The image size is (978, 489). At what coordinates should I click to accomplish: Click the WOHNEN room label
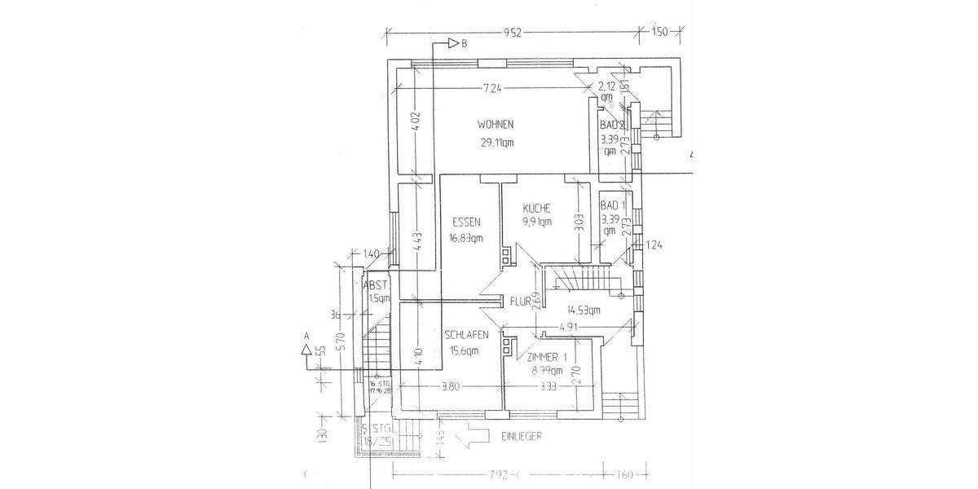tap(496, 125)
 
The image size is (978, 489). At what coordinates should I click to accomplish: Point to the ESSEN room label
tap(465, 222)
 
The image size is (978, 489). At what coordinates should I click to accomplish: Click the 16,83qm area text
tap(466, 239)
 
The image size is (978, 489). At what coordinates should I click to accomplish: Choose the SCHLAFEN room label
tap(467, 335)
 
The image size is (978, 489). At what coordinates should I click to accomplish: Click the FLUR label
tap(522, 301)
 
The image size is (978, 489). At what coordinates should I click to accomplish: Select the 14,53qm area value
tap(583, 310)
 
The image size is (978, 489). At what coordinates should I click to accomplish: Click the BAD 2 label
tap(612, 126)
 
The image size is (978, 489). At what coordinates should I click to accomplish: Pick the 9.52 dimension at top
tap(513, 33)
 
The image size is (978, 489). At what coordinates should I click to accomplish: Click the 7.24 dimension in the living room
tap(491, 87)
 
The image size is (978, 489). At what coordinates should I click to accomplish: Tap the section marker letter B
tap(464, 43)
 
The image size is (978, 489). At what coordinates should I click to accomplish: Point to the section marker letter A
tap(306, 335)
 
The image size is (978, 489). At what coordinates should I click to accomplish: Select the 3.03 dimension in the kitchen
tap(579, 224)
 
